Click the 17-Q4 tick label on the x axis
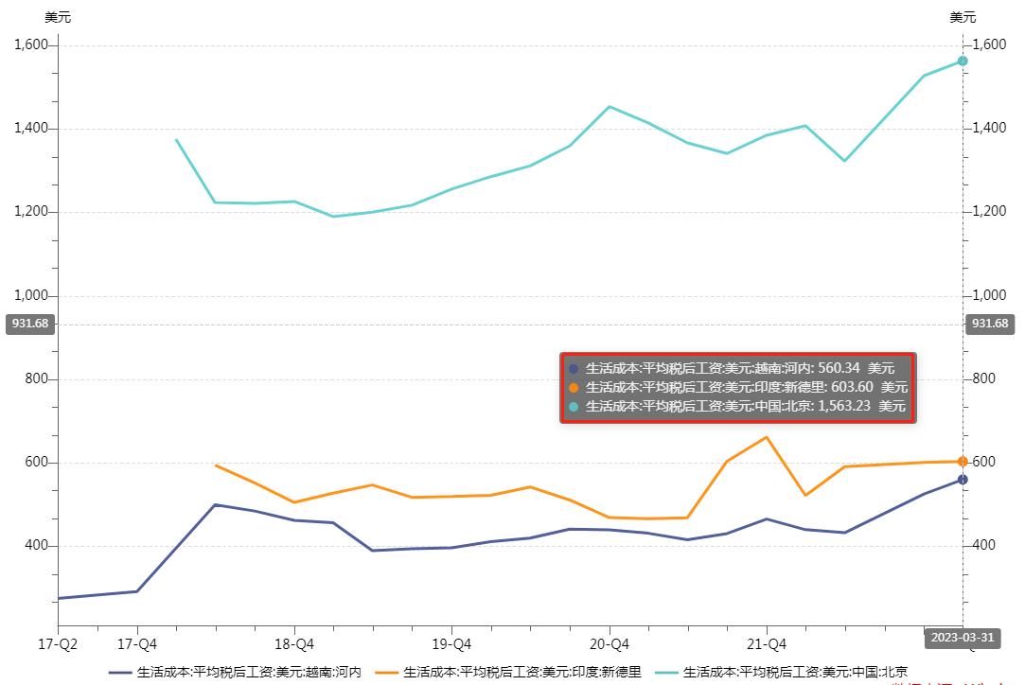click(137, 644)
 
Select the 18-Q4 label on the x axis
click(293, 644)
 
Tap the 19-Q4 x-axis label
click(451, 644)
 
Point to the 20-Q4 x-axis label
click(609, 644)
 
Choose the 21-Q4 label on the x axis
click(766, 644)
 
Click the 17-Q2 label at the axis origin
click(57, 644)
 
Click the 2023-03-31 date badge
click(960, 638)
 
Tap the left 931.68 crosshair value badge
click(29, 324)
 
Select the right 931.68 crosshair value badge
click(990, 324)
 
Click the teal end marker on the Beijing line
click(963, 61)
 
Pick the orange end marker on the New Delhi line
click(963, 462)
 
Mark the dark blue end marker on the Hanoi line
click(963, 480)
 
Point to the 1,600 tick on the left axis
click(33, 45)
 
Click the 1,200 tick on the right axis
click(990, 211)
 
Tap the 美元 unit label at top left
click(58, 17)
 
